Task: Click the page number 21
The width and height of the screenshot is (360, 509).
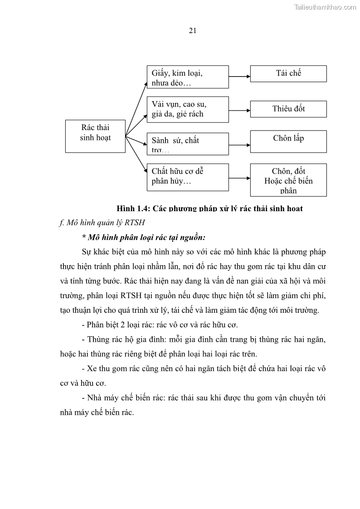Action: pos(192,30)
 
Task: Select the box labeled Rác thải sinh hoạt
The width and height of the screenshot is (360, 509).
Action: pos(95,136)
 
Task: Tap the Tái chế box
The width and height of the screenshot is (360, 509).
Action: pos(288,73)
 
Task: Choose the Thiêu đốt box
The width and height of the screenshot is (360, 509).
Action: pos(288,109)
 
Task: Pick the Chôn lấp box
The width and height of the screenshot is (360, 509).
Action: pos(288,141)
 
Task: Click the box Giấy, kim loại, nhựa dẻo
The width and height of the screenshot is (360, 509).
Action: pos(187,77)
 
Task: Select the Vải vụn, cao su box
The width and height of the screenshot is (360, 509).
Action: pos(187,109)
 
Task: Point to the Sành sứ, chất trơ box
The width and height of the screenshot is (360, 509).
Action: pos(187,144)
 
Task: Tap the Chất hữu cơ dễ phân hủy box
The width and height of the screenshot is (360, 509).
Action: pos(187,176)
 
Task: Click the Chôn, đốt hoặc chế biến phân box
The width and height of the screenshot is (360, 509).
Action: pos(288,180)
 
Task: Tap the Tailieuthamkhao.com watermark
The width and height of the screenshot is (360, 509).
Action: pos(325,7)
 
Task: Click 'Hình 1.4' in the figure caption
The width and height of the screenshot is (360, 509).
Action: pos(132,208)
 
